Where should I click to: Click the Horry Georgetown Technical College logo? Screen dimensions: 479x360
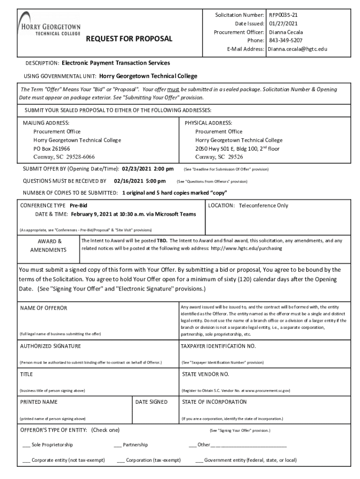click(49, 27)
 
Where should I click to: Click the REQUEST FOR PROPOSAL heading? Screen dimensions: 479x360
click(129, 38)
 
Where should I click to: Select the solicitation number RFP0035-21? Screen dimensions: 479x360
click(283, 15)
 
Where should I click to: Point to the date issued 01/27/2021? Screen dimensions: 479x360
click(283, 23)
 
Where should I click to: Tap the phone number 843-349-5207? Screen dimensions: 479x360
click(286, 40)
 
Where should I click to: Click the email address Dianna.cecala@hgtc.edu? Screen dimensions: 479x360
click(297, 49)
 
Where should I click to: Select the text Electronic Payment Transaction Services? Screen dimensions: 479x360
click(116, 63)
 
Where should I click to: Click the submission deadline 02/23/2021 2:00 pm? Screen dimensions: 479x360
click(148, 168)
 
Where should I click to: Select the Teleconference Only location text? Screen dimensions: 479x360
click(263, 205)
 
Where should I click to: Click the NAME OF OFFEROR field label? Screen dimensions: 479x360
click(43, 308)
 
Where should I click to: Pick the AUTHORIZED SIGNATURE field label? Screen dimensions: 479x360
click(50, 346)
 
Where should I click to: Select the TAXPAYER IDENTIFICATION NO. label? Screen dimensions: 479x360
click(218, 346)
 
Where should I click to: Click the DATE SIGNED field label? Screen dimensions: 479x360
click(151, 402)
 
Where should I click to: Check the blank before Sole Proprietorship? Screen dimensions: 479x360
click(26, 445)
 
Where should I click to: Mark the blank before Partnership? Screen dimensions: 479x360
click(118, 445)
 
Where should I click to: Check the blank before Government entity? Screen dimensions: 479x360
click(199, 460)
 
